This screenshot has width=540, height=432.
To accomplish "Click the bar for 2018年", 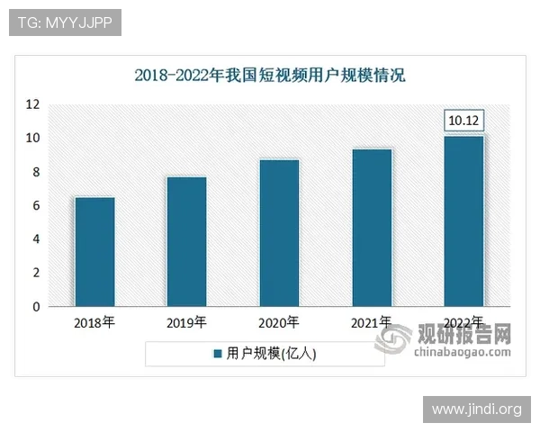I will (x=94, y=252).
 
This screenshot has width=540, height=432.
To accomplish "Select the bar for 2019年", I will (x=187, y=241).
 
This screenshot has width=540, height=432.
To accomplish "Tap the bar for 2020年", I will (x=279, y=233).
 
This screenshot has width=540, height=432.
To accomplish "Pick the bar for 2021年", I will (x=372, y=228).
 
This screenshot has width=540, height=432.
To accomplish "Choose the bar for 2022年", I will (x=464, y=221).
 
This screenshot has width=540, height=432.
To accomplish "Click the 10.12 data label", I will (x=464, y=121).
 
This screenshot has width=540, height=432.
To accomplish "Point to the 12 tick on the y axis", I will (x=32, y=104).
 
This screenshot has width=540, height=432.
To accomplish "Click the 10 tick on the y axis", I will (x=32, y=139).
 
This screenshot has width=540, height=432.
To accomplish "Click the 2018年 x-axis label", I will (x=94, y=322).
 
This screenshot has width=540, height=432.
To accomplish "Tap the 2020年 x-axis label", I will (x=279, y=322).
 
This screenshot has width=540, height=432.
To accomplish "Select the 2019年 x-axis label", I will (x=187, y=322).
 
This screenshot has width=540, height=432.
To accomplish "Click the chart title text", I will (x=270, y=76).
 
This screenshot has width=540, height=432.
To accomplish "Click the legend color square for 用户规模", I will (x=216, y=355).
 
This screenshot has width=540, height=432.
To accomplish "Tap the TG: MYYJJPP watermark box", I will (x=65, y=22).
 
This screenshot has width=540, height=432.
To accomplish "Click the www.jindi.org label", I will (x=476, y=409).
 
